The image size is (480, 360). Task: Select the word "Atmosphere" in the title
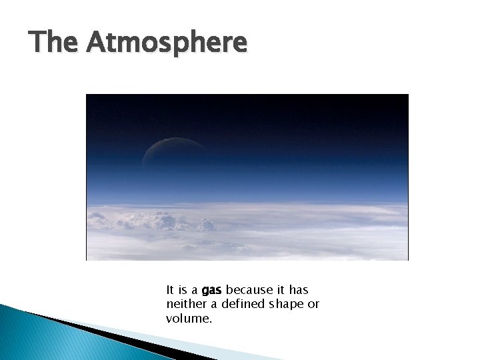(x=167, y=43)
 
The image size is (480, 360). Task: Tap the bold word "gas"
(x=212, y=291)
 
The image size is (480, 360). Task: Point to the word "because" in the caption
(x=246, y=291)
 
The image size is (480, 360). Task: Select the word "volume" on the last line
(x=187, y=319)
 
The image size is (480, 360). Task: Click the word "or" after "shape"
(x=313, y=305)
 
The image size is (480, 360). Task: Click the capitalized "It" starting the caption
(x=171, y=291)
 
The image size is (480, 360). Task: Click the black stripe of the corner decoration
(x=100, y=334)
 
